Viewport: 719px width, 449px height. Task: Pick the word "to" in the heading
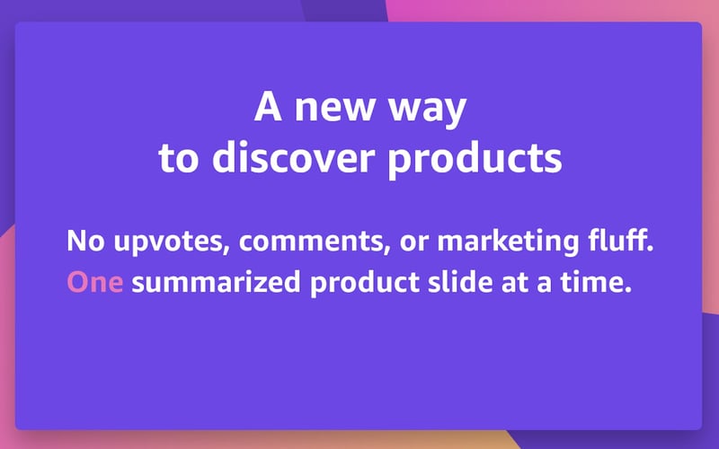177,160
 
